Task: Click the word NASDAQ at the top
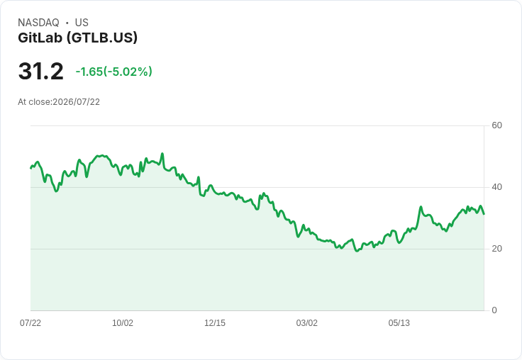38,23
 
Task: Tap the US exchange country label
82,23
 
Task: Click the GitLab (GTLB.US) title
77,38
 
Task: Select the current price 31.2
40,71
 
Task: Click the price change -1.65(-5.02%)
114,72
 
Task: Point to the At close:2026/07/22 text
59,102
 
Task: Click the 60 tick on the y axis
496,125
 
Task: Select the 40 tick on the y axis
496,187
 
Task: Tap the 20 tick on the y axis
496,249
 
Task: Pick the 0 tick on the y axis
494,310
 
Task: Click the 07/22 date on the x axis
30,323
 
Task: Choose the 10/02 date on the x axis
123,323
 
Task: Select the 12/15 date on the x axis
215,323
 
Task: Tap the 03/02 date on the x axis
307,323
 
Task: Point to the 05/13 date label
399,323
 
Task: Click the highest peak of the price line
162,153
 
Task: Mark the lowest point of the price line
357,251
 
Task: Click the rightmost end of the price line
484,214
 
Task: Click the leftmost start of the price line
30,169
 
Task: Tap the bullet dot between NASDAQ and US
67,23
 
